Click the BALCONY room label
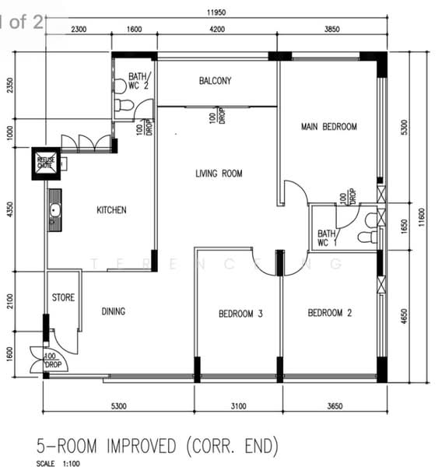point(215,81)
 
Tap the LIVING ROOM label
point(219,174)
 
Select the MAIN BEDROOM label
point(328,127)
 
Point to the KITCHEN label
point(111,210)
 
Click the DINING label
point(114,311)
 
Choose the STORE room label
point(63,297)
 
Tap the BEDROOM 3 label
point(240,314)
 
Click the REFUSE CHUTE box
point(45,163)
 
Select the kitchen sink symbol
point(54,211)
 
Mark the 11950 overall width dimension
point(216,13)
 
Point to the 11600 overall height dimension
point(421,214)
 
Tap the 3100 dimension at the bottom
point(238,406)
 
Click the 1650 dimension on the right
point(402,226)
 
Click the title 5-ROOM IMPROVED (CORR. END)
point(156,446)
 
